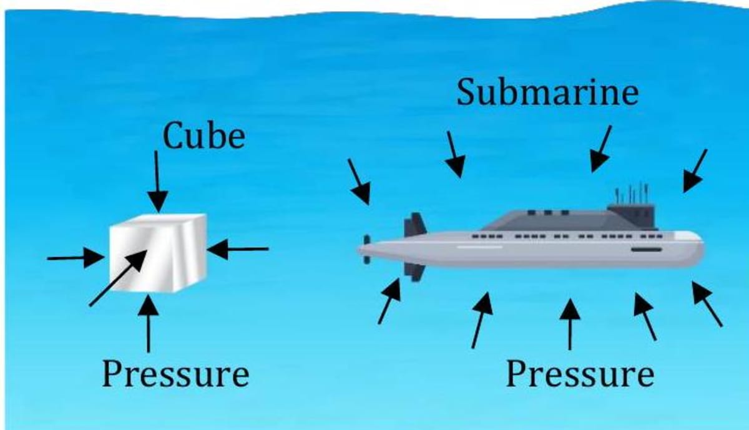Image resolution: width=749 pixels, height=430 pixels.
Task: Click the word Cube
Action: pos(203,135)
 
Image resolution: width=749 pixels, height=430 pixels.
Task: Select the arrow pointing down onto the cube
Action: pos(157,181)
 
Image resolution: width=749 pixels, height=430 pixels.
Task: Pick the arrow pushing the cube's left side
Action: pos(75,257)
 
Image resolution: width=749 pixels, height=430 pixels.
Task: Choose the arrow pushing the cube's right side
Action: pos(238,250)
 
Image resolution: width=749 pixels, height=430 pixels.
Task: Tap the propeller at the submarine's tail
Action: pos(366,249)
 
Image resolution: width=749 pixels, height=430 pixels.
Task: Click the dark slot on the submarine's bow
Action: pos(646,250)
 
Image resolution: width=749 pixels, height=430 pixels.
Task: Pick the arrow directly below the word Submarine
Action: pos(601,149)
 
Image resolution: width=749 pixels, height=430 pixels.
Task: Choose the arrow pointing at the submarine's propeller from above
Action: pos(359,182)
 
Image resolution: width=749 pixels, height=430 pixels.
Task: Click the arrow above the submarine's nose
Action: pos(695,170)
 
